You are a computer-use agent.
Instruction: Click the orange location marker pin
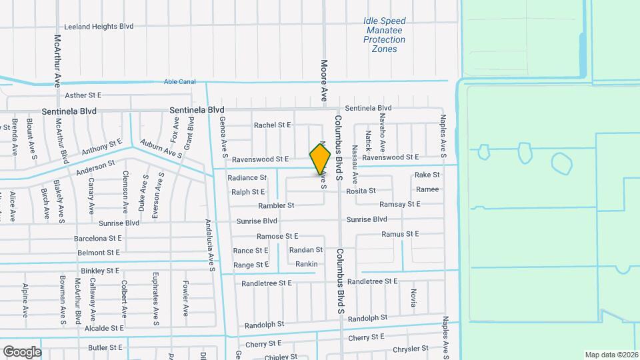[320, 159]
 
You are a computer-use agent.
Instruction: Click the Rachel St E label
[273, 125]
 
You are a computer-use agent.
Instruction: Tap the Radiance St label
[247, 178]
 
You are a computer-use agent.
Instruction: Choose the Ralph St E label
[248, 192]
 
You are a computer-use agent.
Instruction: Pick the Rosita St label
[361, 191]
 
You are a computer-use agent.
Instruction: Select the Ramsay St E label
[399, 204]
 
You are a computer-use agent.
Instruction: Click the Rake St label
[427, 175]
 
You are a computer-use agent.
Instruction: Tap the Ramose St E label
[277, 236]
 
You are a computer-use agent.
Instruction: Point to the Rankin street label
[306, 264]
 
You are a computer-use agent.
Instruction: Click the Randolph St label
[265, 325]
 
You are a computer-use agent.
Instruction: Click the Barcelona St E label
[98, 237]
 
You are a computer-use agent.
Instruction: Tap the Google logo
[22, 351]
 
